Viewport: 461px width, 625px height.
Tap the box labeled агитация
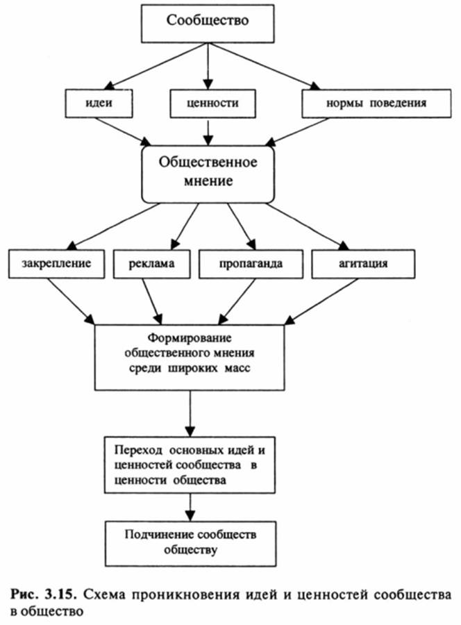[364, 264]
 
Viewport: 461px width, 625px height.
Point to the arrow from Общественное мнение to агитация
[309, 225]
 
